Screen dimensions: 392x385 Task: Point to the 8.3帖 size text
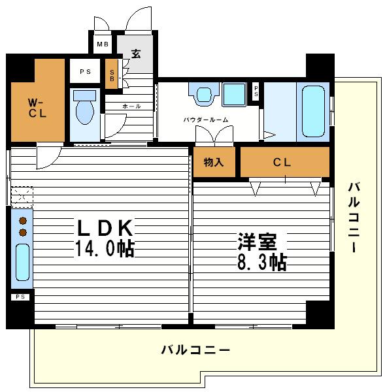pos(261,262)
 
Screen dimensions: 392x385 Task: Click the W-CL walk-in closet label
pos(35,109)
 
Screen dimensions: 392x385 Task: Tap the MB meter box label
pos(103,44)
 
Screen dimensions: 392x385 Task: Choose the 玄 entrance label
pos(136,53)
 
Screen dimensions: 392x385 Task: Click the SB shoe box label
pos(112,75)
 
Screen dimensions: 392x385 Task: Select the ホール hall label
pos(131,106)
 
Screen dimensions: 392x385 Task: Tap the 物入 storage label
pos(213,162)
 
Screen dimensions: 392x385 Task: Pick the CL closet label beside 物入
pos(282,162)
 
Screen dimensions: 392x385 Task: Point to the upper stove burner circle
pos(23,220)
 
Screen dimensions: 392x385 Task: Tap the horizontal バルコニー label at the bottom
pos(195,350)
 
